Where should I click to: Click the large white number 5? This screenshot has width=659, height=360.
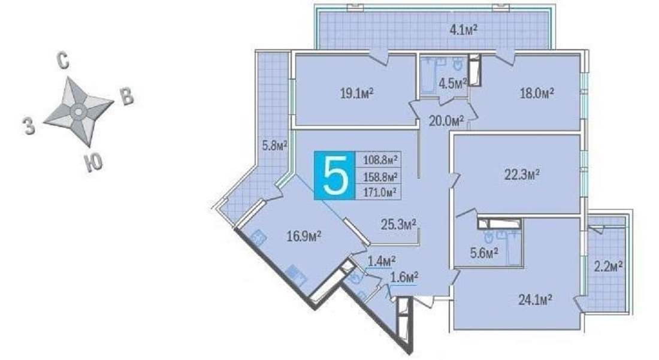[336, 174]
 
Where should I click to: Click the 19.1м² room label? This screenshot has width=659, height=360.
[357, 93]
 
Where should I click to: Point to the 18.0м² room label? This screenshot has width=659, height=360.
[537, 93]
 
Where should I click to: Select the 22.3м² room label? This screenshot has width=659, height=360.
[522, 174]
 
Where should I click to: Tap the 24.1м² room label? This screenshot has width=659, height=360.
[534, 300]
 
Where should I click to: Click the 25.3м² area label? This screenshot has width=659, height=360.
[398, 225]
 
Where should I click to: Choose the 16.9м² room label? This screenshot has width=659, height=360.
[304, 237]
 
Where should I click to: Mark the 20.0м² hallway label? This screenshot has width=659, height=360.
[446, 122]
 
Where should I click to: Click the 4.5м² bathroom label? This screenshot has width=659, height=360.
[453, 84]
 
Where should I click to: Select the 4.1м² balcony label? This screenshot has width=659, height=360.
[464, 30]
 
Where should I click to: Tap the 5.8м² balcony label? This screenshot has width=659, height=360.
[274, 146]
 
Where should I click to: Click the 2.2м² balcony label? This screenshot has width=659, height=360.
[608, 267]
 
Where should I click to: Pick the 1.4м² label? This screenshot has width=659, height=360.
[381, 261]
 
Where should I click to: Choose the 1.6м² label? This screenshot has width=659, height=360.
[404, 278]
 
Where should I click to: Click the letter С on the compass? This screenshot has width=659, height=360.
[62, 61]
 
